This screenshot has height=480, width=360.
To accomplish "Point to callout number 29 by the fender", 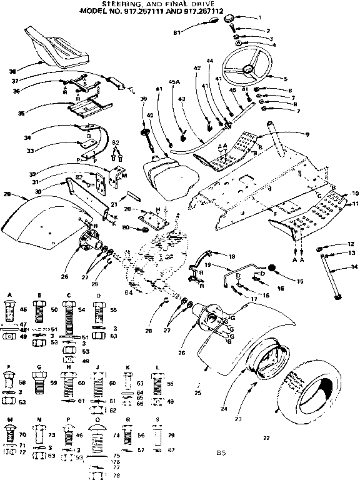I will [7, 195].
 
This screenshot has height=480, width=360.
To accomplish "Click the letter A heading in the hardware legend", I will [9, 294].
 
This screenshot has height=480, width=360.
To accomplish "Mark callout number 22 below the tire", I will [266, 438].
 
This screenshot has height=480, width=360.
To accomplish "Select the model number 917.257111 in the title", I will [174, 12].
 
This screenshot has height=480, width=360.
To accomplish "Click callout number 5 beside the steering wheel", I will [284, 78].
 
